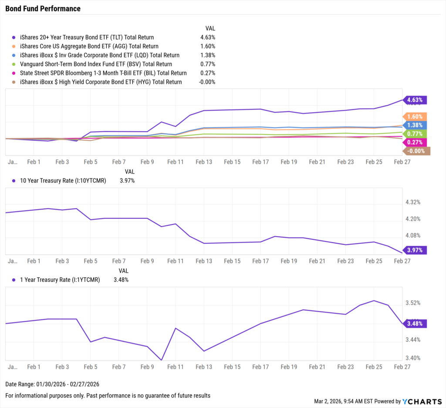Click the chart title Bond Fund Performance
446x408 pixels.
pyautogui.click(x=43, y=9)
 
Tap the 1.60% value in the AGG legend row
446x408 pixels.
pyautogui.click(x=207, y=46)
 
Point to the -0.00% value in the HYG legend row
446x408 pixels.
pyautogui.click(x=206, y=82)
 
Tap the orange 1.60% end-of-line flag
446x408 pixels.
pyautogui.click(x=415, y=117)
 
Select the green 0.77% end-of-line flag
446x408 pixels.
pyautogui.click(x=415, y=133)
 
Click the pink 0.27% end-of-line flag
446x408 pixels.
pyautogui.click(x=415, y=142)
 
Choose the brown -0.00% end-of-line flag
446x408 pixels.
pyautogui.click(x=416, y=151)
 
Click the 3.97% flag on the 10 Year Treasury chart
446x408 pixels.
pyautogui.click(x=415, y=250)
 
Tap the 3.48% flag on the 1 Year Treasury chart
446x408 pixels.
pyautogui.click(x=415, y=323)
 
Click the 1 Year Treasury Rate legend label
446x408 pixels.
pyautogui.click(x=60, y=280)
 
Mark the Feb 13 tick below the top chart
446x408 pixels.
pyautogui.click(x=203, y=161)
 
